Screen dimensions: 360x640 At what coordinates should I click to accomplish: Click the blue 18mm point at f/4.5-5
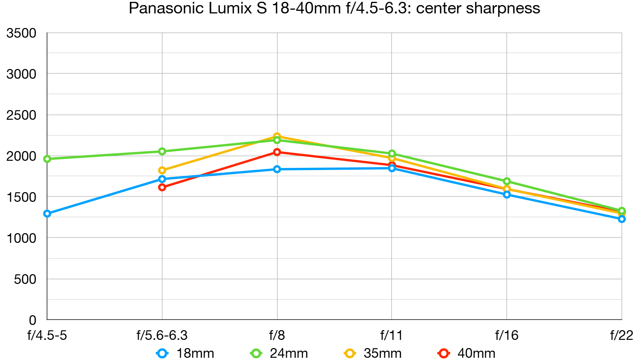click(x=47, y=214)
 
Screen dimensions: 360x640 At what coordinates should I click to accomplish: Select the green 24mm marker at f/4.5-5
click(x=47, y=159)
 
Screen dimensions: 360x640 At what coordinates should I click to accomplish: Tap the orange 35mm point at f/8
click(x=277, y=136)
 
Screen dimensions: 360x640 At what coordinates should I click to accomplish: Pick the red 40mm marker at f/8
click(x=277, y=152)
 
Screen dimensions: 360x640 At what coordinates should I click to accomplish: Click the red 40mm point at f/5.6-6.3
click(x=162, y=187)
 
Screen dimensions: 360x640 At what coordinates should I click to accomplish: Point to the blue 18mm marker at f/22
click(x=621, y=219)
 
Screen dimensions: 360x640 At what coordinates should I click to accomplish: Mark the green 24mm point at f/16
click(x=506, y=181)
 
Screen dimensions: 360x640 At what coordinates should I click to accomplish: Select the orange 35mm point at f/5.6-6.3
click(x=162, y=170)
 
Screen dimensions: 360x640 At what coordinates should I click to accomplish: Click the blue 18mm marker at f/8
click(x=277, y=169)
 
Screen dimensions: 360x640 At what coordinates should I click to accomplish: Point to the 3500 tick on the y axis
click(x=21, y=33)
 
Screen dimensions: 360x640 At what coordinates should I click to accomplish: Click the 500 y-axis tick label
click(x=25, y=279)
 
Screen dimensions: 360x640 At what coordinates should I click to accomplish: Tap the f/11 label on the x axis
click(x=391, y=335)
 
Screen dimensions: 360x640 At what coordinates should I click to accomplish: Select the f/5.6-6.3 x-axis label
click(x=162, y=335)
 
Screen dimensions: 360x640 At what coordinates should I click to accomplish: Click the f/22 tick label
click(x=621, y=335)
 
